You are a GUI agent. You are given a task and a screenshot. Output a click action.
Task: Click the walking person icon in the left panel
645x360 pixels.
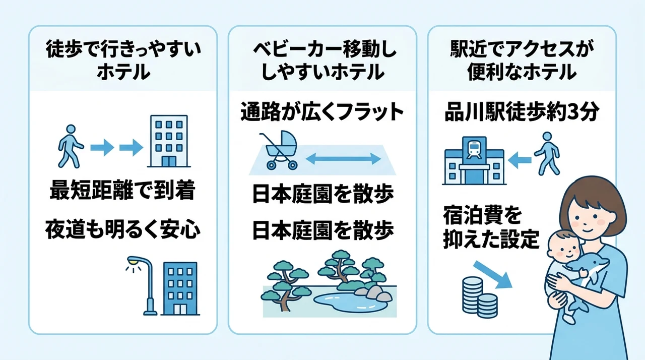click(71, 146)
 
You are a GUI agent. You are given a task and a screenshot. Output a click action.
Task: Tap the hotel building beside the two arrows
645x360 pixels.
click(169, 141)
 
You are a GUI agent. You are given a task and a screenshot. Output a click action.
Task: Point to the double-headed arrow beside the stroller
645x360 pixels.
click(343, 159)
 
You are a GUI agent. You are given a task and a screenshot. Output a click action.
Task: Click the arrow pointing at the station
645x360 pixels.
click(520, 160)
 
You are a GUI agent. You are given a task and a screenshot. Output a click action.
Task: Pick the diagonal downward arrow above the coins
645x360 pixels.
click(493, 275)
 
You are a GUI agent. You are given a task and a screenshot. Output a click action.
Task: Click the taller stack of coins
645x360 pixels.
click(473, 294)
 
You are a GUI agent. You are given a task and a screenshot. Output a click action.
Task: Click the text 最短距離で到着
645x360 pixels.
click(122, 191)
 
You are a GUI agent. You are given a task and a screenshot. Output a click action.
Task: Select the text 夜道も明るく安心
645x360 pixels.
click(122, 230)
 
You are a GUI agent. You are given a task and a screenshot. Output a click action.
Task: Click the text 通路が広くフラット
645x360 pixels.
click(322, 112)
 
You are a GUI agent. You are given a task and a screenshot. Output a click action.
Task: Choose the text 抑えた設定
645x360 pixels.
click(491, 239)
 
